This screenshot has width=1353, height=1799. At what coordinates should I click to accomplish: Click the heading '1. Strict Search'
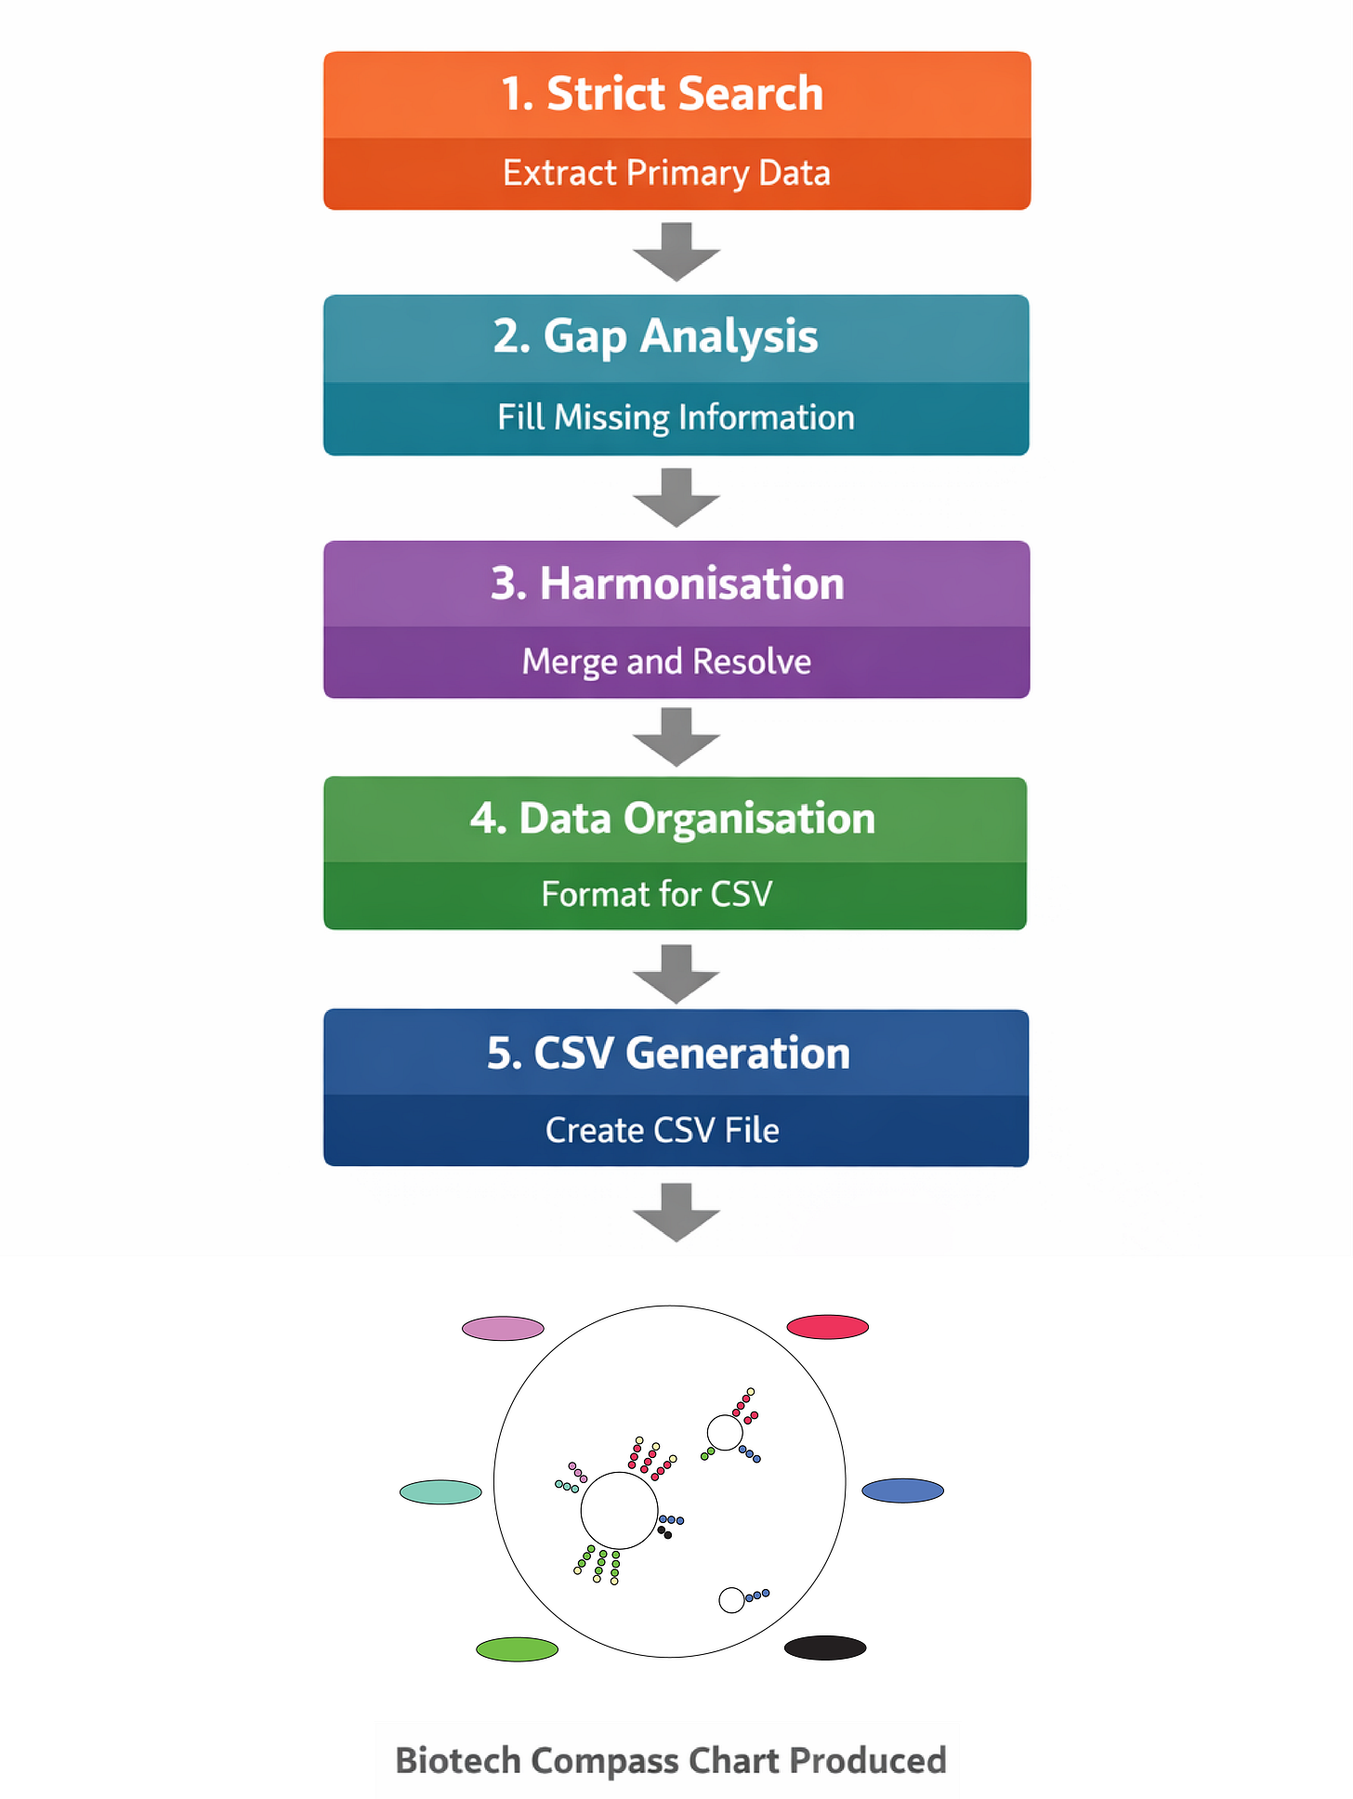(x=662, y=94)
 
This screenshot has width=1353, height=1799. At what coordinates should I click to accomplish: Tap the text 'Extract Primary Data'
(x=666, y=173)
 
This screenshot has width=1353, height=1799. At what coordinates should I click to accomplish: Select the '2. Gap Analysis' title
(x=655, y=336)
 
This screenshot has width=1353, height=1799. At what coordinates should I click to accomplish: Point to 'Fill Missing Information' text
(x=676, y=417)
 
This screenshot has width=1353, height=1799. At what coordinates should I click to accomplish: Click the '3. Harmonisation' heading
(x=667, y=584)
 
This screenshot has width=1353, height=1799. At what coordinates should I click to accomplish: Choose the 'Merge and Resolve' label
(x=666, y=662)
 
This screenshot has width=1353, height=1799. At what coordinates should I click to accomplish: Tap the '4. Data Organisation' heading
(x=672, y=819)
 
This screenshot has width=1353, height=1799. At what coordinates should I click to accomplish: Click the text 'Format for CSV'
(x=657, y=894)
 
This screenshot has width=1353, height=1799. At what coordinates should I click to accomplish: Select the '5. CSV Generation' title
(x=668, y=1053)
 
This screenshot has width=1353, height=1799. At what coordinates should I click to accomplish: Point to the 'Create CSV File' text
(x=662, y=1130)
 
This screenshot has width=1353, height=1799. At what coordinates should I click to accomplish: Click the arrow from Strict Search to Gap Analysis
(x=676, y=251)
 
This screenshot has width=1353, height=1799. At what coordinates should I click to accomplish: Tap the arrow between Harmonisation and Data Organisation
(x=676, y=736)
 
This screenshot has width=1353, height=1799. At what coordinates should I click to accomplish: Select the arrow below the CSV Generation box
(x=676, y=1212)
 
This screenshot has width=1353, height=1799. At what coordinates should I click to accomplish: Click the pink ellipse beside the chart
(x=503, y=1328)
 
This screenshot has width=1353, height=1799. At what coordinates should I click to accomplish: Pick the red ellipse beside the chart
(x=827, y=1327)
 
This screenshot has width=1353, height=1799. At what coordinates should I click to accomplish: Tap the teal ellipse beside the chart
(x=440, y=1492)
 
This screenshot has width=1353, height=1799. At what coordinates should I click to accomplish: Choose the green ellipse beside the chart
(x=517, y=1649)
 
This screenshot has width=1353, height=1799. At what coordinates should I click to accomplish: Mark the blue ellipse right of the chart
(x=902, y=1490)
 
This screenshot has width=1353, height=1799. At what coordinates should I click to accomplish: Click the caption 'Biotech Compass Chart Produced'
(x=670, y=1760)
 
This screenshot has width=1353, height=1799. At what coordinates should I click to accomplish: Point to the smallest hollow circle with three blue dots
(x=731, y=1600)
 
